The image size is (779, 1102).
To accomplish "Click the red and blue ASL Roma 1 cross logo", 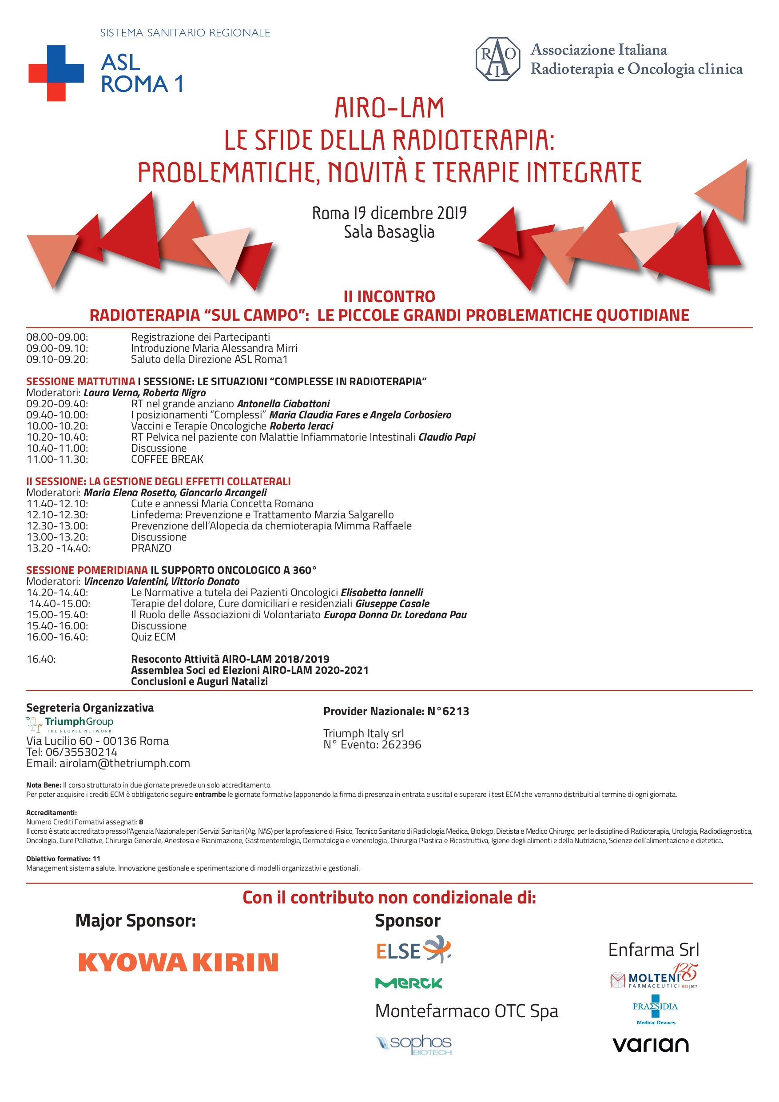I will [x=56, y=73].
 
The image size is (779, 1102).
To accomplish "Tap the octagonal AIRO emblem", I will [x=497, y=59].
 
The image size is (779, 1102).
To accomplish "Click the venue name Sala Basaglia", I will [x=389, y=232].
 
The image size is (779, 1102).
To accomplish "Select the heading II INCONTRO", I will [x=389, y=296].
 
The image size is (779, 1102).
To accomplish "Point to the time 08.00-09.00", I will [x=57, y=337].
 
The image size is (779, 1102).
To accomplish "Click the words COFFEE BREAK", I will [x=167, y=459].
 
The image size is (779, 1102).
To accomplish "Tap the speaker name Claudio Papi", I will [x=447, y=437].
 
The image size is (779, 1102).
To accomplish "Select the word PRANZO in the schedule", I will [x=151, y=548].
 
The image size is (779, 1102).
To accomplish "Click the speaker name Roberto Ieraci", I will [x=302, y=426].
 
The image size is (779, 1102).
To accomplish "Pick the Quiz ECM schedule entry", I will [x=153, y=637].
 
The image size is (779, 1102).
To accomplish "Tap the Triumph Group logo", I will [x=70, y=724].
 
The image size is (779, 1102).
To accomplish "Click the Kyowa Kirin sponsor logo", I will [x=178, y=963].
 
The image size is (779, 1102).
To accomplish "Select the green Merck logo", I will [x=409, y=983].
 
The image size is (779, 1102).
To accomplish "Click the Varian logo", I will [x=650, y=1044].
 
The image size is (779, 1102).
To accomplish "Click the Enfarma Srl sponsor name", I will [x=653, y=950].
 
